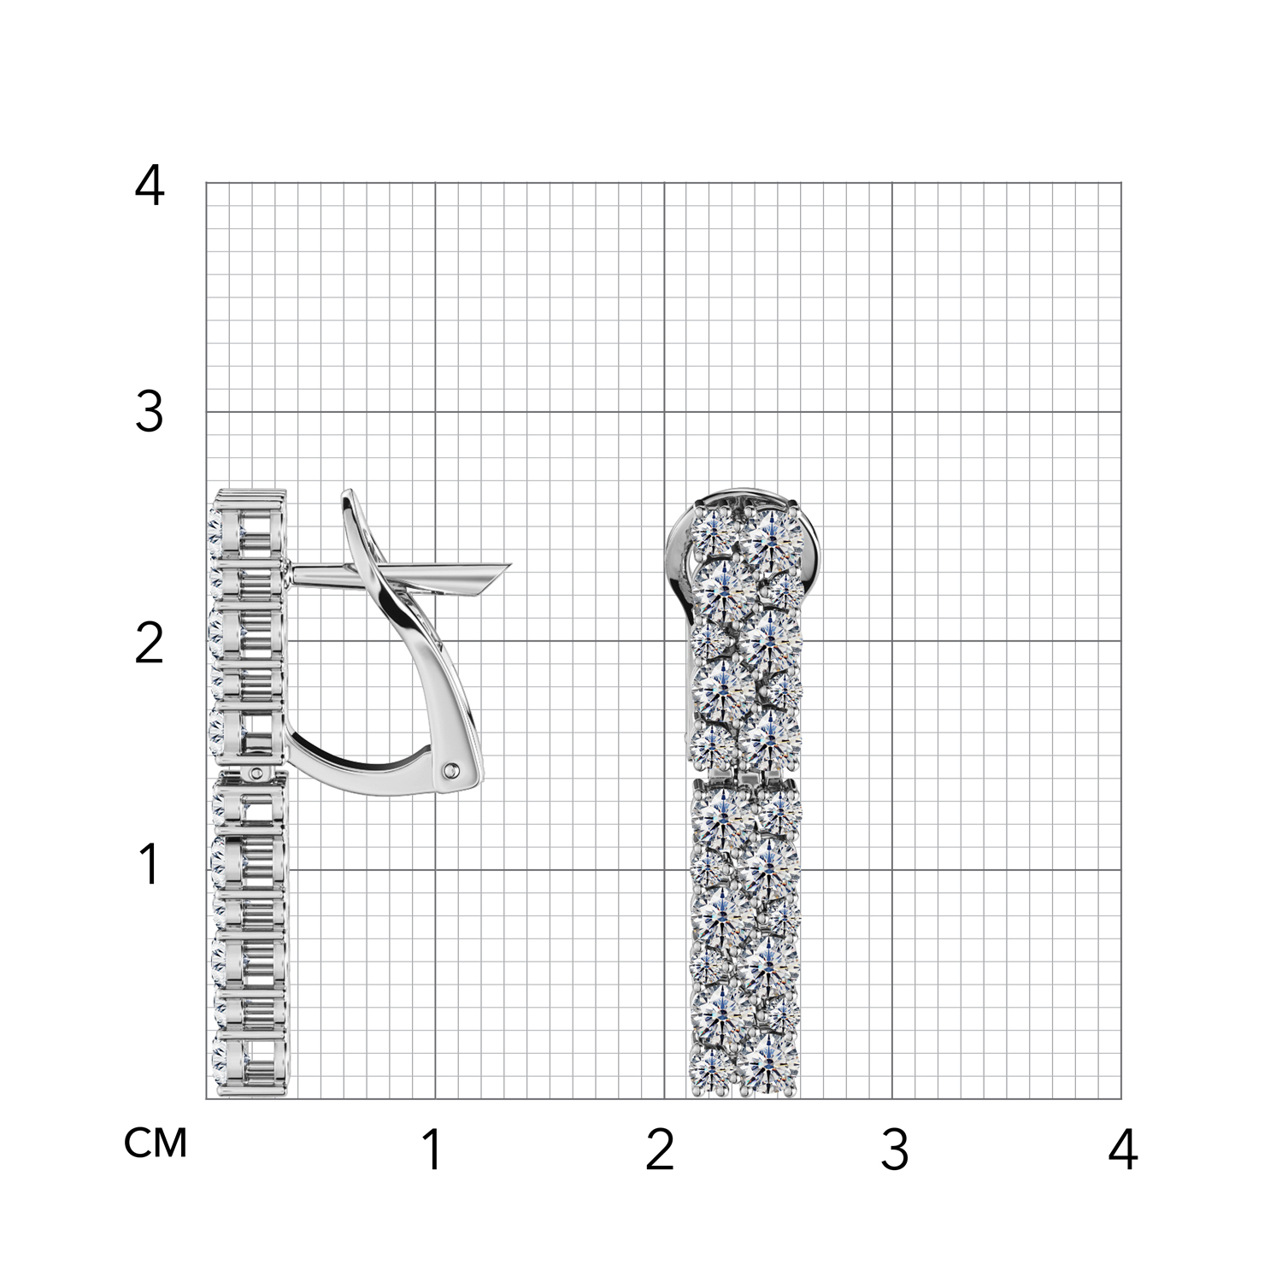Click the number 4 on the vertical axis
150,186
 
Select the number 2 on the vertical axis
150,644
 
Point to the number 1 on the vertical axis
150,864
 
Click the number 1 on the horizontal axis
432,1150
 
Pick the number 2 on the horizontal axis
661,1150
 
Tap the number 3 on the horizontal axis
894,1150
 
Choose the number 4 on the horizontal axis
1123,1150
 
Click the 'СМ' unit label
156,1143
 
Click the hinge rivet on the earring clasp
450,771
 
